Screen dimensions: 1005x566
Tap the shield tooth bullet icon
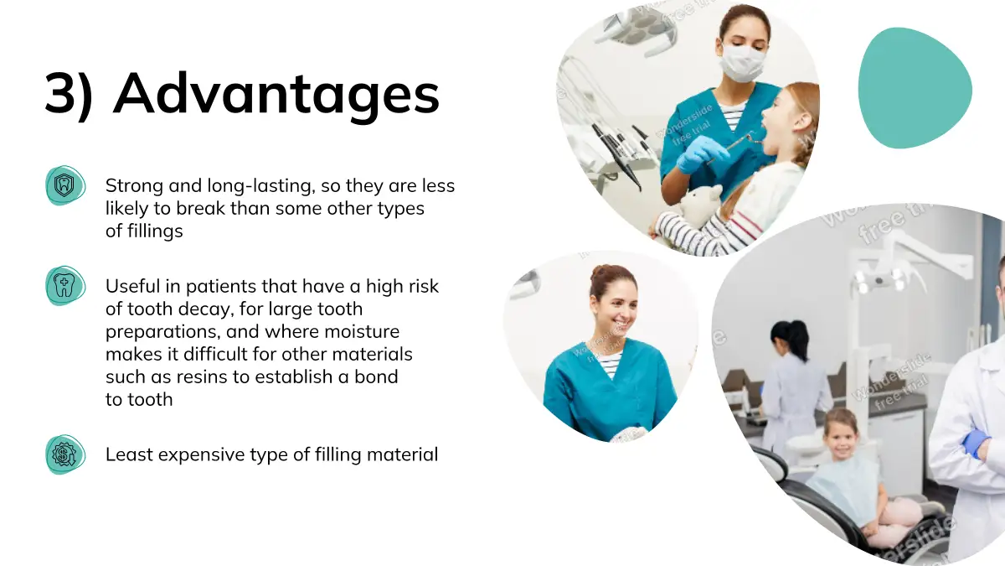(x=65, y=185)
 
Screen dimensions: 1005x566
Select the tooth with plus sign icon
(x=65, y=286)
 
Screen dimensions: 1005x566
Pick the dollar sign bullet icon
(x=65, y=454)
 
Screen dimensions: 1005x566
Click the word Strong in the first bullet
(x=134, y=186)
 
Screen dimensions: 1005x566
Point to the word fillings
(x=155, y=231)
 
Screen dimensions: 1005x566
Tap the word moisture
(x=362, y=331)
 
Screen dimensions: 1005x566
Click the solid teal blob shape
(x=915, y=88)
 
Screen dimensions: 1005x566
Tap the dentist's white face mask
(x=743, y=63)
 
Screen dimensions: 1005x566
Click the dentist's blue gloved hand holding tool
(x=701, y=154)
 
